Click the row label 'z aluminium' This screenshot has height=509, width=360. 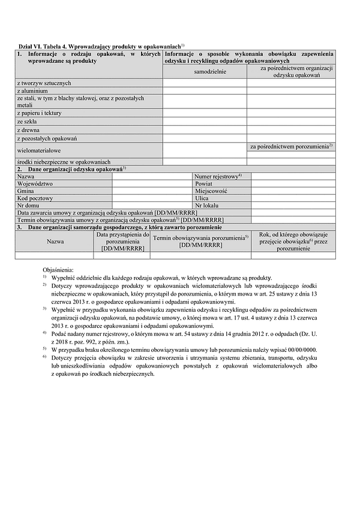(32, 91)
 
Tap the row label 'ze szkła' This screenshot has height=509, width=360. (29, 121)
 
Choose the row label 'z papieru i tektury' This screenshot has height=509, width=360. (40, 113)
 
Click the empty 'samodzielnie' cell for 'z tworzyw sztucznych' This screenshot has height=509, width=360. (205, 82)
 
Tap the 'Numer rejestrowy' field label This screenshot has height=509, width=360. (218, 177)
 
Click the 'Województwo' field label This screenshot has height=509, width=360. (35, 183)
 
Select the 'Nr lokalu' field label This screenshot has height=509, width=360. (207, 205)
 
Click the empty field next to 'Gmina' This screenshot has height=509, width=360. (152, 191)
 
